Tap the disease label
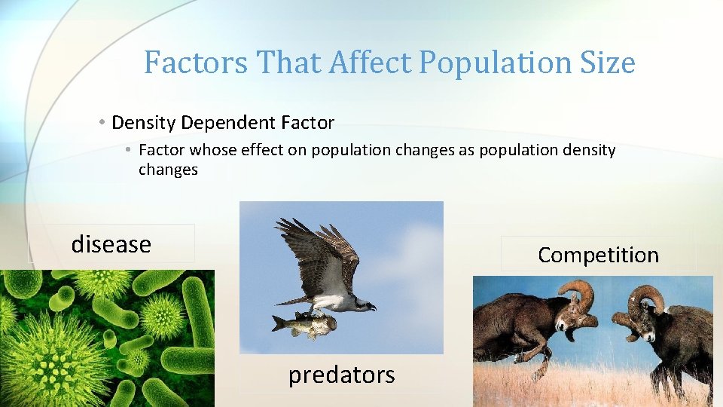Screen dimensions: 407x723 pyautogui.click(x=111, y=244)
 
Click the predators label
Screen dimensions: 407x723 pyautogui.click(x=341, y=375)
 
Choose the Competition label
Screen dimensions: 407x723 pyautogui.click(x=598, y=255)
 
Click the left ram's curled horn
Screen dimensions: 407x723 pyautogui.click(x=578, y=296)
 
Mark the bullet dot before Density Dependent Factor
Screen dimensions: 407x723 pyautogui.click(x=101, y=122)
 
